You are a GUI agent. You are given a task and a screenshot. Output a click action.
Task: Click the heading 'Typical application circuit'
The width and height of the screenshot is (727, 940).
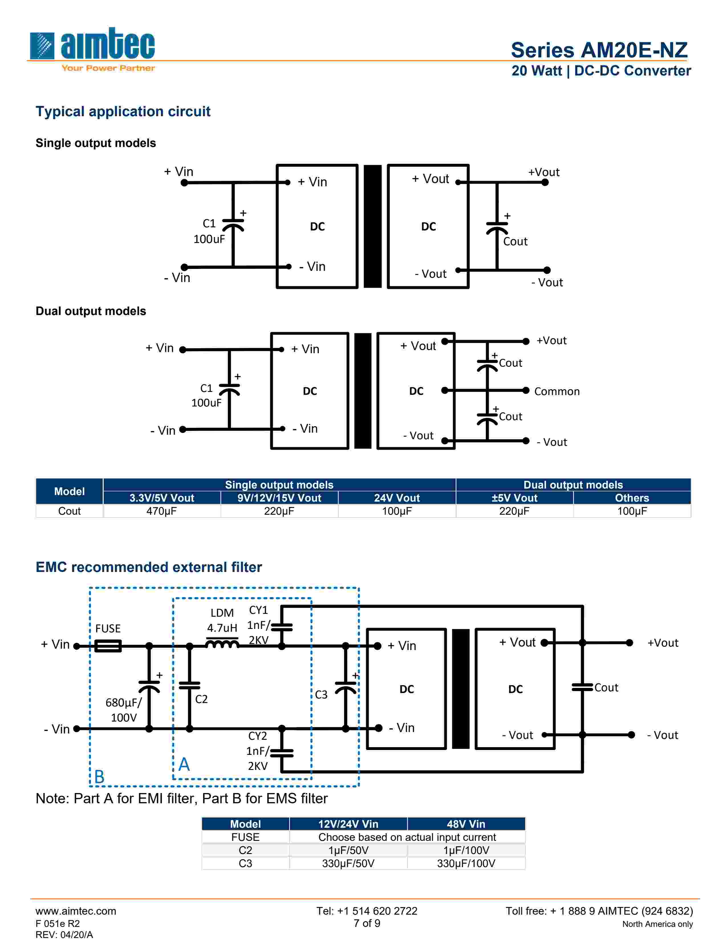point(123,111)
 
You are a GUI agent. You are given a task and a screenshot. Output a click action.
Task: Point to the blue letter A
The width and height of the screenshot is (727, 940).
point(184,764)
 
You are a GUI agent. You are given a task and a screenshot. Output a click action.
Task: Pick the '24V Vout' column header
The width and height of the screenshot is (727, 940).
point(397,498)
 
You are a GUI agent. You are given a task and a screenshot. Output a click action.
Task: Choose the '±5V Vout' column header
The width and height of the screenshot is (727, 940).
point(514,498)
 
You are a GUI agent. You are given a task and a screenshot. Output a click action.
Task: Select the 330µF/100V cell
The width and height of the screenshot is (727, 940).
point(466,863)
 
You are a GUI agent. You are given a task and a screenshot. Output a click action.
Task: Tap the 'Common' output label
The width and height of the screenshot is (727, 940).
point(557,391)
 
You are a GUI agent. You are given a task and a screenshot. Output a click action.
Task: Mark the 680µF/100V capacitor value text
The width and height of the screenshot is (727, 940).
point(124,710)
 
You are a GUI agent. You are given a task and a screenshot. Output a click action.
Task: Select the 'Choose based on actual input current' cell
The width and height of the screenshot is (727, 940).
point(407,837)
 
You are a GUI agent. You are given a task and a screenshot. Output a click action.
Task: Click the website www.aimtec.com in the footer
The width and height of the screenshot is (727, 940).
point(76,911)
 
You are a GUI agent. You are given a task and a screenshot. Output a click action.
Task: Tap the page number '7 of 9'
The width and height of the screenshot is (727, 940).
point(367,923)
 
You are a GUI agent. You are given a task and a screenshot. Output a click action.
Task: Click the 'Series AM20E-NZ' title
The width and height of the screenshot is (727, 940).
point(599,50)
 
